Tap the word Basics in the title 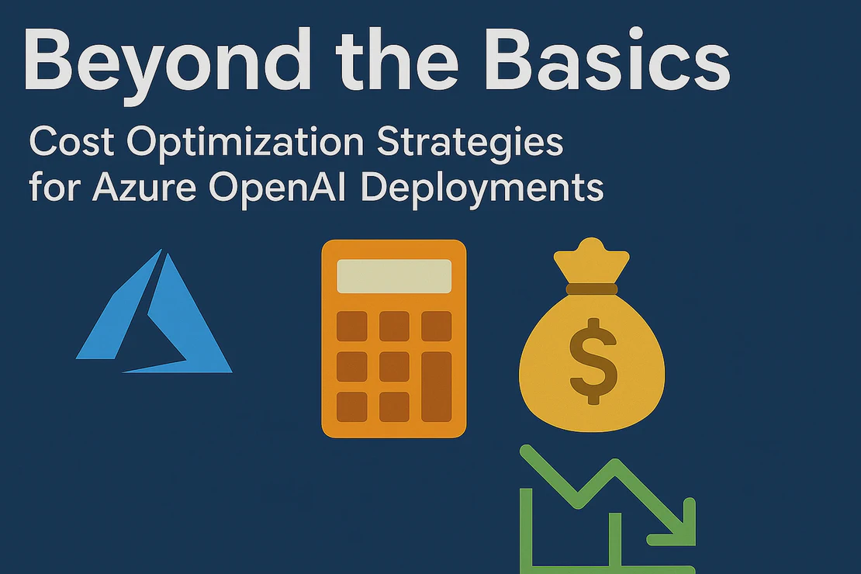(x=607, y=59)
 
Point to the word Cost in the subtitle (x=71, y=142)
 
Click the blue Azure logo (x=154, y=312)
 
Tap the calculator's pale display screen (x=394, y=276)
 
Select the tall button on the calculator (x=437, y=387)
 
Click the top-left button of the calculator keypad (x=352, y=327)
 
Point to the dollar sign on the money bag (x=593, y=361)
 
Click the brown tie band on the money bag (x=592, y=289)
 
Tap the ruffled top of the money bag (x=592, y=260)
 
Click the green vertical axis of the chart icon (x=526, y=531)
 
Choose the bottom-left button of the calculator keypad (x=352, y=407)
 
